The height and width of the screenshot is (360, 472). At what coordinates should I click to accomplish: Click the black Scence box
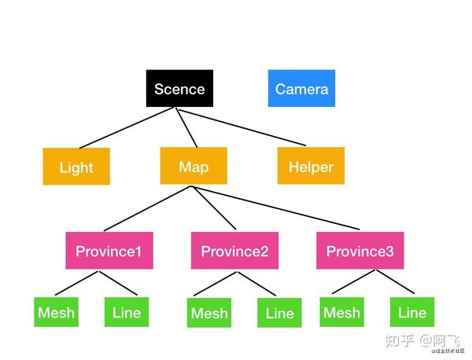tap(179, 88)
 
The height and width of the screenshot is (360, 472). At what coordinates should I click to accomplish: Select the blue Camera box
tap(301, 88)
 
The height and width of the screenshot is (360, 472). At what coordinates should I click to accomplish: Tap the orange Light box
tap(76, 167)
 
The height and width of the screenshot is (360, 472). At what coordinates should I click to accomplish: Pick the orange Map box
tap(194, 166)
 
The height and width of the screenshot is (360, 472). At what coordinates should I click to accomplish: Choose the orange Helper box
tap(311, 166)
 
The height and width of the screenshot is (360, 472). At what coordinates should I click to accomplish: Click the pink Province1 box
tap(109, 252)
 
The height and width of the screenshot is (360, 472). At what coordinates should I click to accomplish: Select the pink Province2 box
tap(234, 252)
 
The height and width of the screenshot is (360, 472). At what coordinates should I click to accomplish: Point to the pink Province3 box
tap(360, 252)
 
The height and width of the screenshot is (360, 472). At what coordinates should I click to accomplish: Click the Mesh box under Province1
tap(57, 312)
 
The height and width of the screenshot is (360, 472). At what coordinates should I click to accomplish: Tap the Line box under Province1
tap(127, 312)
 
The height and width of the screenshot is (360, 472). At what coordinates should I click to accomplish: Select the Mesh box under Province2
tap(210, 314)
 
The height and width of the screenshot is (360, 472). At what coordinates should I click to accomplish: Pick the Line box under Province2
tap(279, 314)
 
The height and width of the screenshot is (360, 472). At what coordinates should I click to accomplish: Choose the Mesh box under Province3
tap(342, 312)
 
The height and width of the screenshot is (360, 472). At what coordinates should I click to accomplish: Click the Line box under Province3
tap(411, 312)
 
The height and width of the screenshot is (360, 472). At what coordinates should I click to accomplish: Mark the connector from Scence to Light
tap(125, 127)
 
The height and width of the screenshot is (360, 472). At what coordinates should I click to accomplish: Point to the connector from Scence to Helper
tap(240, 127)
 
